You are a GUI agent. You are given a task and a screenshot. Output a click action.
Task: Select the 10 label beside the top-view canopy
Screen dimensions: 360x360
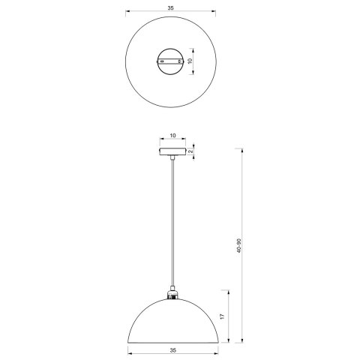(x=190, y=61)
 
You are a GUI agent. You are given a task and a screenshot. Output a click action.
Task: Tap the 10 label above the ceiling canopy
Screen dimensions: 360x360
(x=172, y=136)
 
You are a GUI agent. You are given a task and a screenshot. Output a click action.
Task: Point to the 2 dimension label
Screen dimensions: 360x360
(x=190, y=151)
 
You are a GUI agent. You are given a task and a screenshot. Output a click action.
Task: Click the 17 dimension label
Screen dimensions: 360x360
(x=222, y=318)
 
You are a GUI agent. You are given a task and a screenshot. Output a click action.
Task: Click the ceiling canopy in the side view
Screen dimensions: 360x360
(x=172, y=151)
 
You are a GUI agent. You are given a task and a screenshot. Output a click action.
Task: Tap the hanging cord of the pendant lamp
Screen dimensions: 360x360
(x=172, y=225)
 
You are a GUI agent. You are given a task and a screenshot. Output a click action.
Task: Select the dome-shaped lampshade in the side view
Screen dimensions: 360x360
(x=172, y=319)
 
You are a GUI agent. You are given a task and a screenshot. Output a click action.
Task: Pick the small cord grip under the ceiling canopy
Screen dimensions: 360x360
(x=172, y=158)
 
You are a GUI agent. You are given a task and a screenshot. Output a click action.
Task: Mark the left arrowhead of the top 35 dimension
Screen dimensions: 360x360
(x=127, y=13)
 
